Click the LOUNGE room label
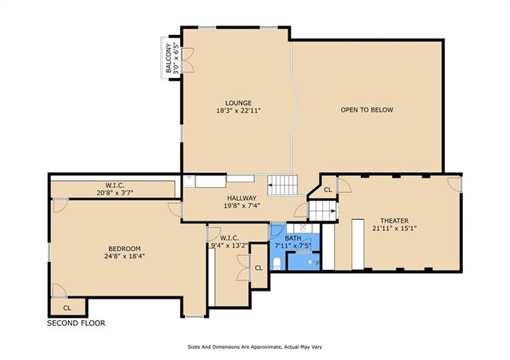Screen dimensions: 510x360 click(238, 104)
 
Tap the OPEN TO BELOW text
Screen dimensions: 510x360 click(367, 110)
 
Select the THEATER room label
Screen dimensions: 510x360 click(394, 221)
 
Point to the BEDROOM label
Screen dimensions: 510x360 click(124, 248)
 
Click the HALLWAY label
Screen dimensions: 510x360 click(241, 198)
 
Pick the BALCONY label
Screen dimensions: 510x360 click(168, 58)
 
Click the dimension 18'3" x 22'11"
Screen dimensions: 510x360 click(238, 111)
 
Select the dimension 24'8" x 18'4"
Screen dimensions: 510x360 click(124, 256)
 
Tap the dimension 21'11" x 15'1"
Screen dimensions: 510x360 click(394, 229)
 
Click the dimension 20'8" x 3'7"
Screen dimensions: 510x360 click(115, 193)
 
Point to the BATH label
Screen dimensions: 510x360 click(293, 238)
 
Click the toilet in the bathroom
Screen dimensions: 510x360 click(277, 264)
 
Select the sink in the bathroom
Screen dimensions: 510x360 click(303, 227)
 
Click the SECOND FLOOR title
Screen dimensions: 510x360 click(76, 323)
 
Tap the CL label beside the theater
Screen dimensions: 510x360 click(328, 190)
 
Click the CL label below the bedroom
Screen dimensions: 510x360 click(67, 307)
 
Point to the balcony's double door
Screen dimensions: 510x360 click(188, 61)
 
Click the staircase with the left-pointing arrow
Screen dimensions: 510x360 click(282, 185)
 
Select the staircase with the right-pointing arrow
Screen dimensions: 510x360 click(322, 210)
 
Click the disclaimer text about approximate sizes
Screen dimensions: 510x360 click(255, 347)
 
